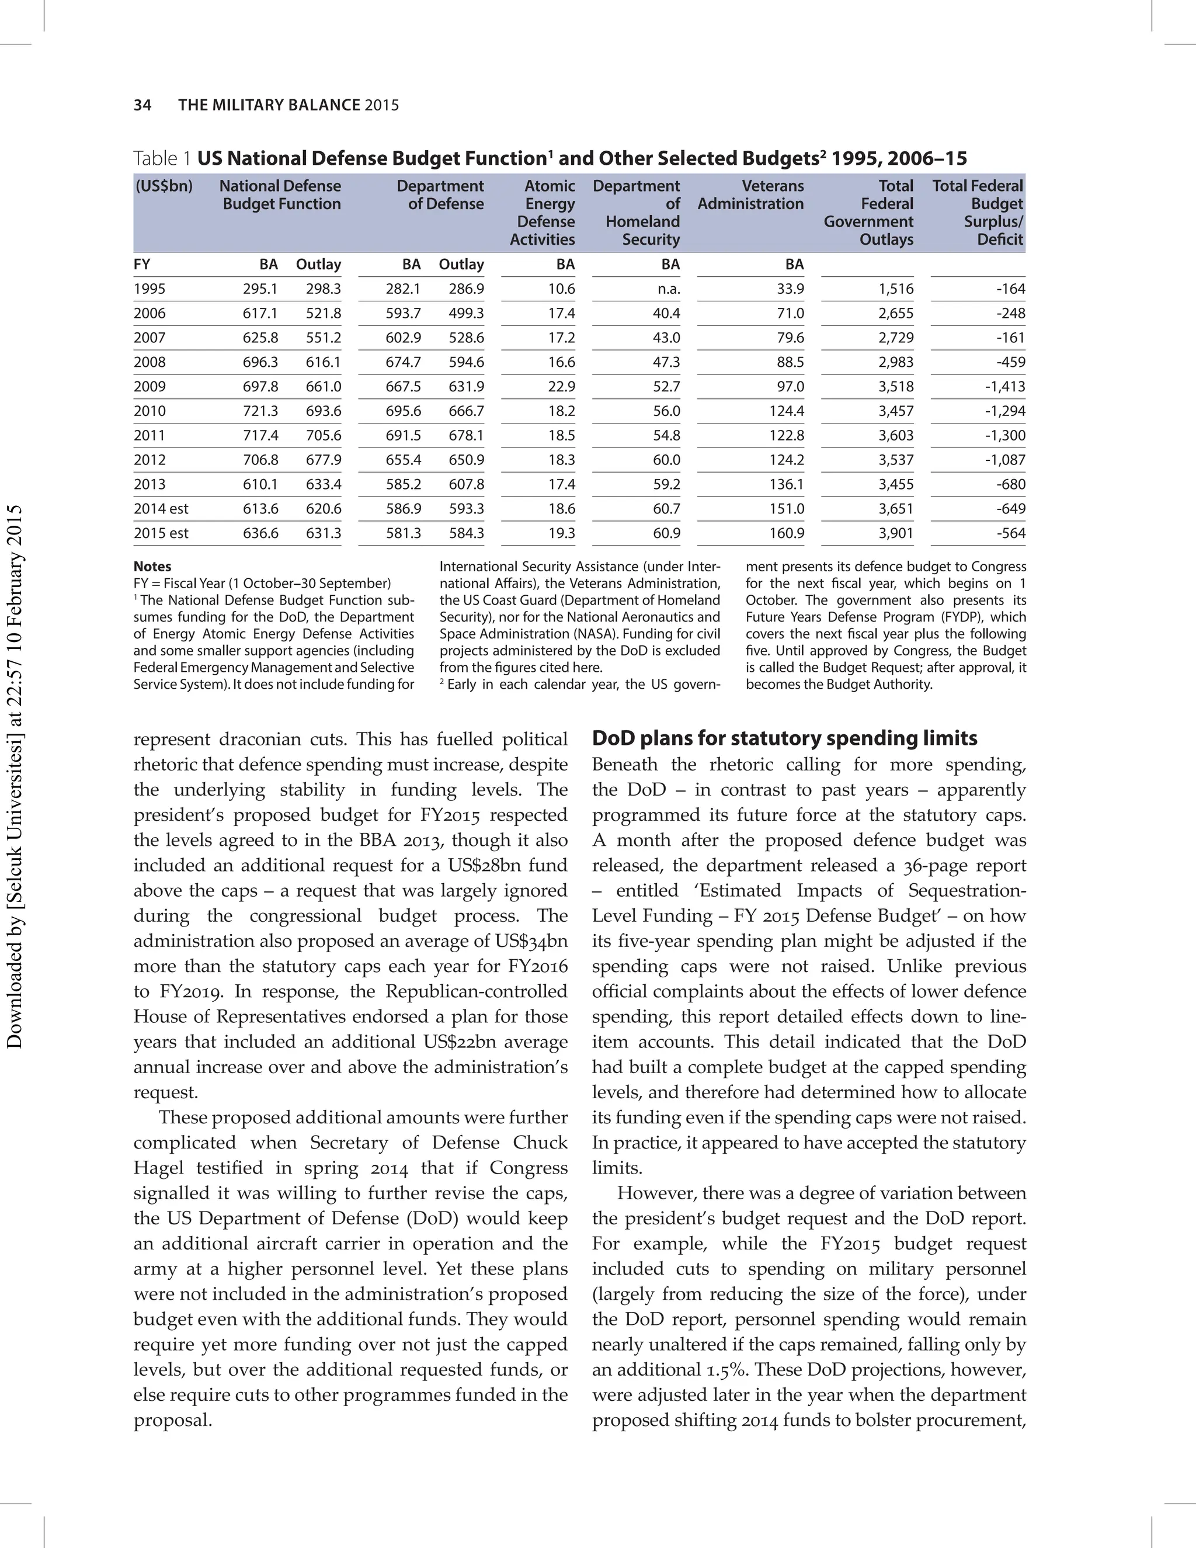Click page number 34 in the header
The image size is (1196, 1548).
click(x=142, y=105)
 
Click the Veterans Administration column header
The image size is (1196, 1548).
click(x=751, y=195)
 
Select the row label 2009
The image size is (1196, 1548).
click(x=149, y=386)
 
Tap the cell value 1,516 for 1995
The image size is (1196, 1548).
click(x=896, y=289)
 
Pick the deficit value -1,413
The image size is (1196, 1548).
click(x=1004, y=386)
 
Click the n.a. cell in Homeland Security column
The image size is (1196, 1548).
click(x=667, y=289)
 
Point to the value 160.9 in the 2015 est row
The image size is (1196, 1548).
click(x=787, y=533)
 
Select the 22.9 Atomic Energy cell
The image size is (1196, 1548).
click(x=561, y=386)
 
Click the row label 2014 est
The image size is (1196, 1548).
click(x=161, y=509)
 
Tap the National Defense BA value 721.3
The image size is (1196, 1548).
click(x=260, y=411)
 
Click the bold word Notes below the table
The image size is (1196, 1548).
click(x=152, y=566)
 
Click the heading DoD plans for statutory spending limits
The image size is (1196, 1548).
click(x=784, y=738)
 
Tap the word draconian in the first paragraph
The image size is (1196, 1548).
click(x=259, y=740)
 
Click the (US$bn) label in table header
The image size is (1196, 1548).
click(x=164, y=186)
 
